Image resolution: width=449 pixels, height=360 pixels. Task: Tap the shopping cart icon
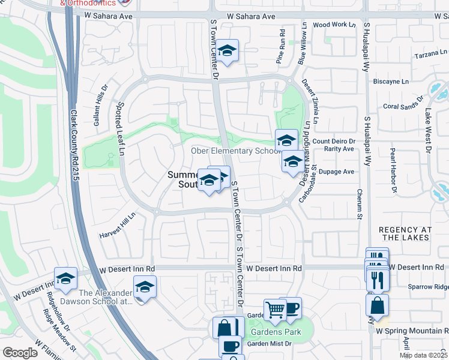pos(275,310)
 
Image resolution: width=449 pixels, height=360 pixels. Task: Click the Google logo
pos(20,353)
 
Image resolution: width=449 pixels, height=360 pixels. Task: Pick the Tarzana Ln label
pos(430,55)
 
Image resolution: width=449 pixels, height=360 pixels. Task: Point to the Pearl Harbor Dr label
pos(394,172)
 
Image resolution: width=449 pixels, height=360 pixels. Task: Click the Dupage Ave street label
pos(339,172)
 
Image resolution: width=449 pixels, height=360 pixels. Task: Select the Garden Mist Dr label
pos(270,343)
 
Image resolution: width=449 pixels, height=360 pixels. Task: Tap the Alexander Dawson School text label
pos(106,297)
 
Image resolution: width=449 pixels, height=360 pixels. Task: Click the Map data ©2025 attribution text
pos(424,355)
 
